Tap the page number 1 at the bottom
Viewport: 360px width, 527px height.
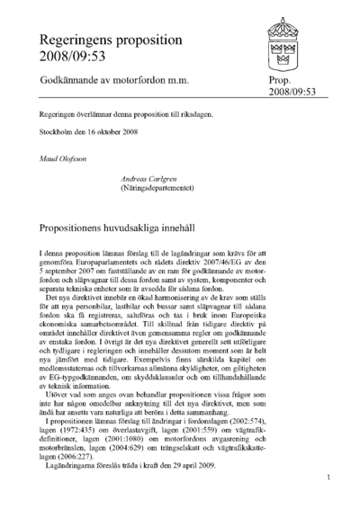pos(329,478)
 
